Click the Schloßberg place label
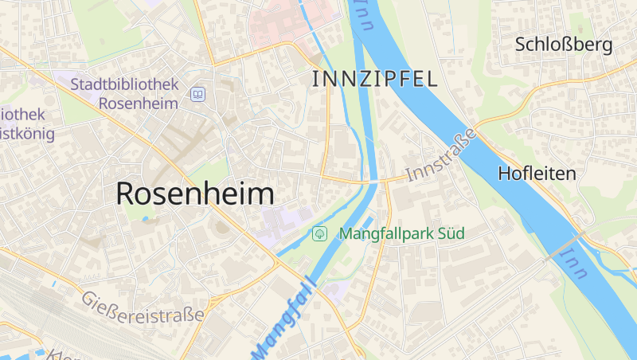564,45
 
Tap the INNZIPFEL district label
374,79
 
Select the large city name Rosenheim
195,194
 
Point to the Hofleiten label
537,173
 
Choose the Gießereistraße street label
143,307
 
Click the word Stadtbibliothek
124,84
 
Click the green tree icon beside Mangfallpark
319,234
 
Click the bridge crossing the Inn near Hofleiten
564,245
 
